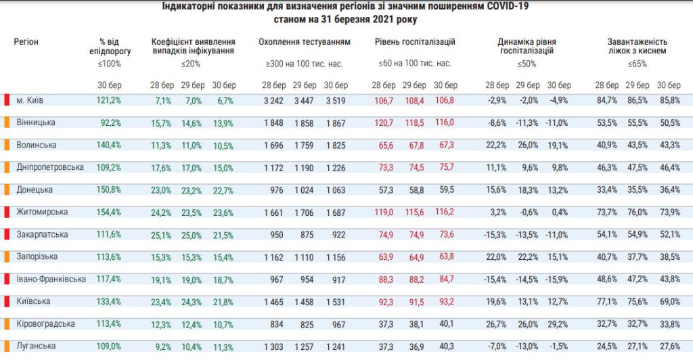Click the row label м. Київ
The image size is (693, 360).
[30, 101]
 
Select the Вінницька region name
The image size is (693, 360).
[36, 122]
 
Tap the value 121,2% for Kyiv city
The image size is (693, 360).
[109, 101]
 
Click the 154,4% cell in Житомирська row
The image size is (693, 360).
[109, 212]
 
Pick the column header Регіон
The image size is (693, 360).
[26, 42]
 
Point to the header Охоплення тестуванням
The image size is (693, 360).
[305, 42]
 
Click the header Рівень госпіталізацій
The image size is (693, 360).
[415, 42]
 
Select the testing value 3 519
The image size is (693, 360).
[336, 101]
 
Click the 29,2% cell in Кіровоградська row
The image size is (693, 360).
[558, 323]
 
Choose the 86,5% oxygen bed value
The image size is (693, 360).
[636, 101]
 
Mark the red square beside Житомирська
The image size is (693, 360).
[6, 212]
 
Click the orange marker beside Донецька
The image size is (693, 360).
[6, 190]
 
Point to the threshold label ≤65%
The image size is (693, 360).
[637, 64]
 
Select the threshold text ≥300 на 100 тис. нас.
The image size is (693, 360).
[305, 64]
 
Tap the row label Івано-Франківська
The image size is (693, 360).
[51, 279]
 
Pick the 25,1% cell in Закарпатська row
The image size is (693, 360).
[160, 235]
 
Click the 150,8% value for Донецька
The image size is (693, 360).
[109, 190]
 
